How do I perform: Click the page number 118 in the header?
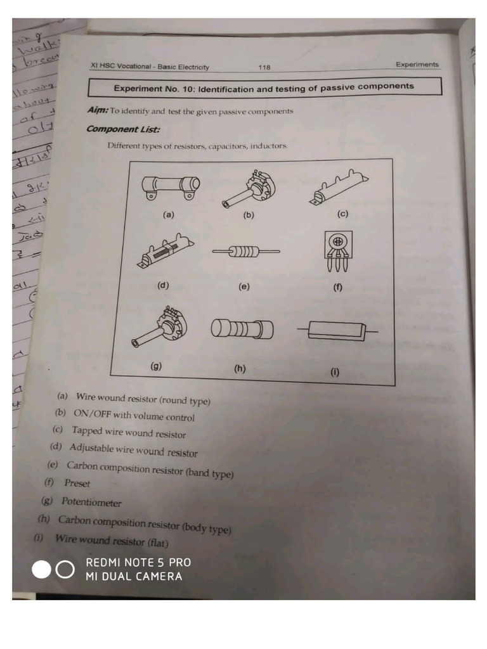point(264,67)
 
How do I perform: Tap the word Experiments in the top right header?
point(417,65)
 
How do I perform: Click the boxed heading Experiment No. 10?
point(263,87)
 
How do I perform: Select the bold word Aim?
point(98,110)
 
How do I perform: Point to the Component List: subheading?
point(123,129)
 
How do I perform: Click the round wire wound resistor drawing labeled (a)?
point(170,187)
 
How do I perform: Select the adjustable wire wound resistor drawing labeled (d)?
point(166,254)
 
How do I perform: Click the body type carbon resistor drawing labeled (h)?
point(241,330)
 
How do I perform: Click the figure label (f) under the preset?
point(337,288)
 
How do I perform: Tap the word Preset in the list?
point(77,484)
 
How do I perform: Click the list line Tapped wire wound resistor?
point(129,433)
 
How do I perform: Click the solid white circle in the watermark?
point(42,570)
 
